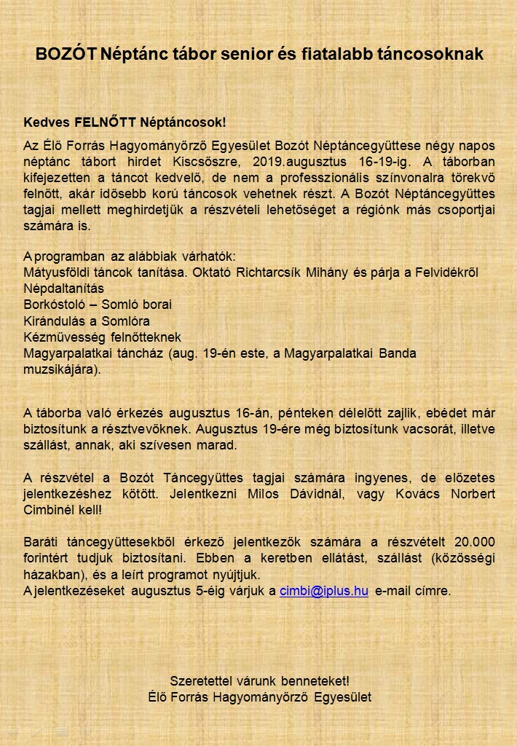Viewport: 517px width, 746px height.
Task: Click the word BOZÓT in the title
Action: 66,54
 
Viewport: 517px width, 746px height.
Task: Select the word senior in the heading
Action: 222,54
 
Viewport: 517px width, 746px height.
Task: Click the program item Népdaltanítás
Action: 64,288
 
